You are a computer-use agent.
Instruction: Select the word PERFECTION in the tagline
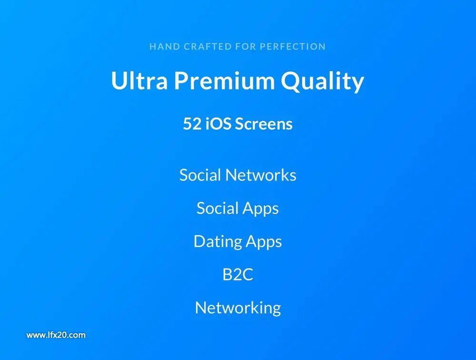293,47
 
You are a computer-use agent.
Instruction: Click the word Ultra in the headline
139,80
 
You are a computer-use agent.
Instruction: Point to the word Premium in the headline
224,80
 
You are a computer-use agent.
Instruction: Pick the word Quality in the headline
322,81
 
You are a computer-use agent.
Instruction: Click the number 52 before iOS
192,124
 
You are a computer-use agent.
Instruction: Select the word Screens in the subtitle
264,124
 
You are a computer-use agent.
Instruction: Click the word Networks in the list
261,175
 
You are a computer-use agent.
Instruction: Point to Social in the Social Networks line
200,175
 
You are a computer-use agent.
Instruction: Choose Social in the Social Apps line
218,209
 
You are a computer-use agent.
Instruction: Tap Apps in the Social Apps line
261,210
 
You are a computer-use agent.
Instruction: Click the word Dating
218,242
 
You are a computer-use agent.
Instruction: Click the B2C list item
238,275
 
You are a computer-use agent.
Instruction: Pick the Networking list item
238,309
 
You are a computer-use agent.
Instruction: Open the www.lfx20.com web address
56,335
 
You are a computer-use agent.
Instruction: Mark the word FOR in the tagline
246,47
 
